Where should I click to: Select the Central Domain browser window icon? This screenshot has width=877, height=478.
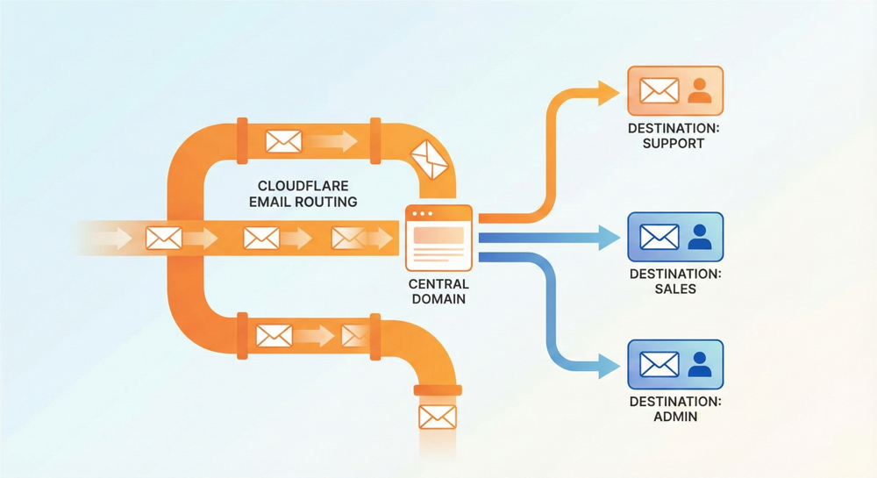click(x=438, y=237)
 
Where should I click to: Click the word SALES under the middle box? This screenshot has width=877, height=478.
click(x=675, y=289)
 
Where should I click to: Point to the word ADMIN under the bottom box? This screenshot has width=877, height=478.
click(x=675, y=417)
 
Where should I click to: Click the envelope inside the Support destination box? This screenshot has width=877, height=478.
click(x=659, y=90)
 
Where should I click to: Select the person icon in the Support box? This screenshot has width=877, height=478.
click(x=700, y=90)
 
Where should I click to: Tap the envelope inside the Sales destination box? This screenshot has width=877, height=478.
click(x=659, y=237)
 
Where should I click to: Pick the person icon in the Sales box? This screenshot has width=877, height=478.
click(x=700, y=237)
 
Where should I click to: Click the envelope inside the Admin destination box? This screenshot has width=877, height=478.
click(x=659, y=365)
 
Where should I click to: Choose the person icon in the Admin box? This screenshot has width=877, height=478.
click(x=700, y=365)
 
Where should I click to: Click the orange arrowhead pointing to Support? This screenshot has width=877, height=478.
click(x=609, y=91)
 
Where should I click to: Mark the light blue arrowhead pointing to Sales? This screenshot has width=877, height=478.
click(x=609, y=237)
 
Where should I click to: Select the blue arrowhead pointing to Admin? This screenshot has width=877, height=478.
click(x=609, y=366)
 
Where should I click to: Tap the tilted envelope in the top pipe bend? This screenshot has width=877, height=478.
click(x=430, y=157)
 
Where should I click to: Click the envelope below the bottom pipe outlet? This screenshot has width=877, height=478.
click(x=437, y=417)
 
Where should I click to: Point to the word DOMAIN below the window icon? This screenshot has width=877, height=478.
click(x=438, y=299)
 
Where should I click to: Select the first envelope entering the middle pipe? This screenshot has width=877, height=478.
click(x=164, y=238)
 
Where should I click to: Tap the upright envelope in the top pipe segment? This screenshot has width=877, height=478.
click(x=283, y=141)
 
